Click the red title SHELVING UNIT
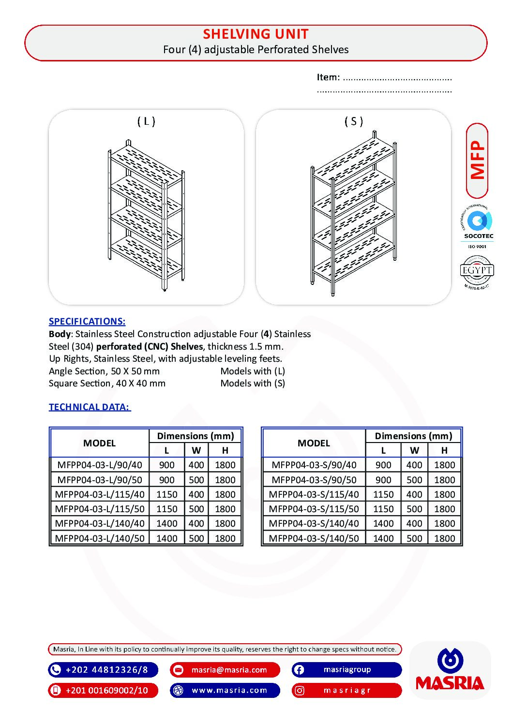point(256,34)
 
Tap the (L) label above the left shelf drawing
point(146,121)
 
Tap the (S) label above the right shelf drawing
point(354,121)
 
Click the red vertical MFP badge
point(477,160)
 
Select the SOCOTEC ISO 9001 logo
point(478,226)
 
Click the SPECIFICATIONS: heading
point(87,321)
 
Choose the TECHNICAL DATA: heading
point(90,407)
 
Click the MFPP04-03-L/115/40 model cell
point(100,494)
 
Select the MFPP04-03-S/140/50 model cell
point(314,538)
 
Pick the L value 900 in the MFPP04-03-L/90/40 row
point(167,465)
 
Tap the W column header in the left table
point(196,450)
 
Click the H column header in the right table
point(444,450)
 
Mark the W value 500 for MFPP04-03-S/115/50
point(414,509)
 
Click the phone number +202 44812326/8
point(106,670)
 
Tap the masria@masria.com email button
point(229,670)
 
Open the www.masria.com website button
point(229,690)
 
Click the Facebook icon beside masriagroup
point(300,670)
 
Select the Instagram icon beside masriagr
point(300,690)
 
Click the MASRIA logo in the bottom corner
point(450,670)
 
